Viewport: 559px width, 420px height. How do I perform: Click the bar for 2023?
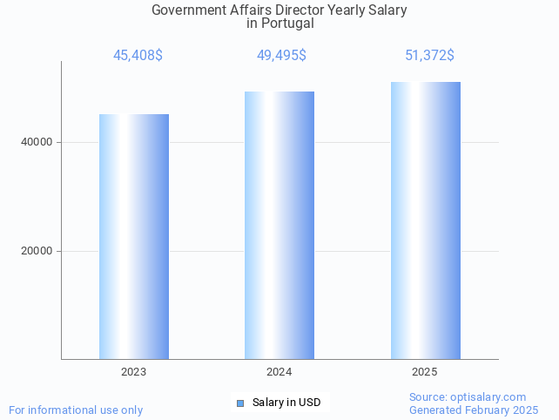tap(134, 236)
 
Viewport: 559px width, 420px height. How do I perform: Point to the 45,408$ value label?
tap(138, 56)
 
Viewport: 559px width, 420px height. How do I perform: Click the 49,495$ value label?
tap(281, 56)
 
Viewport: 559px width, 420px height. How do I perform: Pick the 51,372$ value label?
tap(429, 56)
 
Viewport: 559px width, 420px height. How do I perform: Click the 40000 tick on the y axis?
tap(36, 142)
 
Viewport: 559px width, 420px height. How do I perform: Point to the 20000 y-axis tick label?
tap(36, 251)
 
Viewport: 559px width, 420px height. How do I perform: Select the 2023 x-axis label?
tap(134, 372)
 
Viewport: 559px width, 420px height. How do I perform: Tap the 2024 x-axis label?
tap(279, 372)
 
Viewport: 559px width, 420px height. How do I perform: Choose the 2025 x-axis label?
tap(425, 372)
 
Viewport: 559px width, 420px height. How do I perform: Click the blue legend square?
tap(240, 403)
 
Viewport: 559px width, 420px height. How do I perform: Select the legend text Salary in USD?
tap(286, 403)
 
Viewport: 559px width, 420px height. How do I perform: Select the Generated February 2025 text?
tap(474, 410)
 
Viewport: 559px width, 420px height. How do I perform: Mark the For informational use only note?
tap(76, 410)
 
